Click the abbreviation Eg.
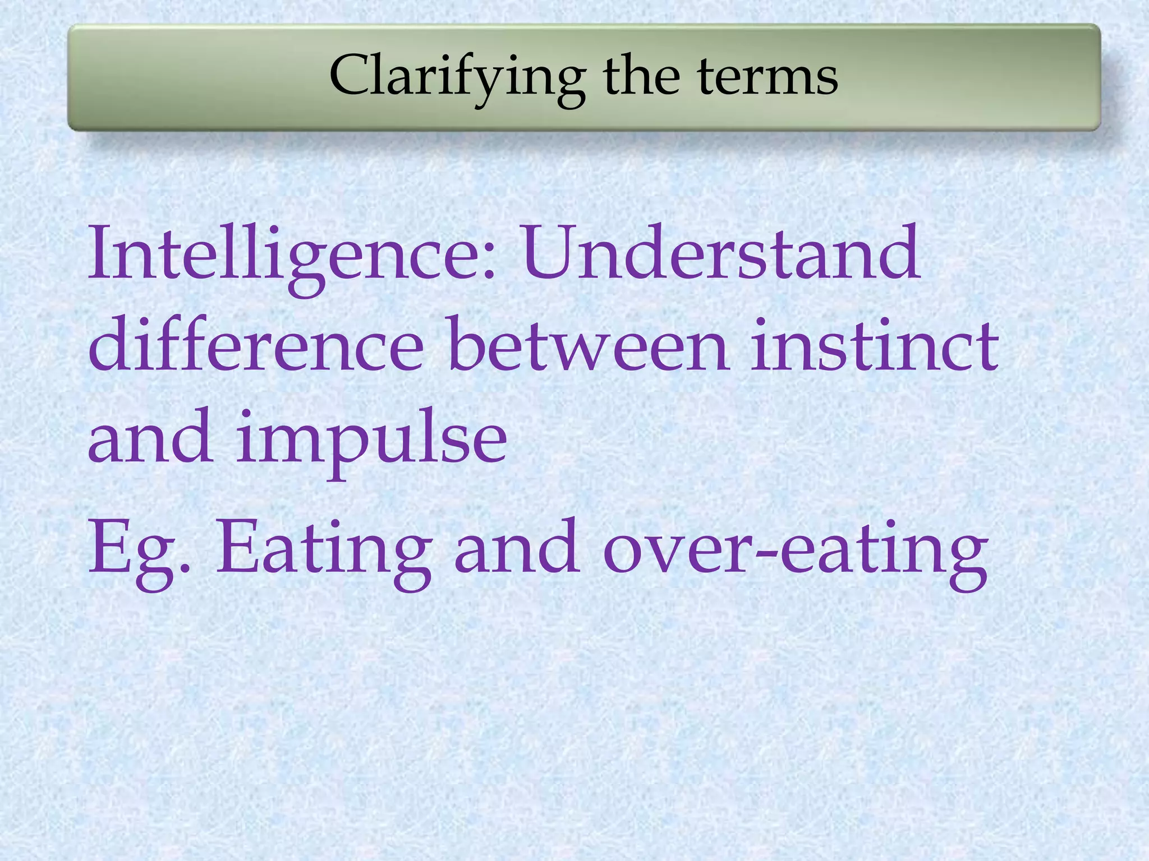tap(137, 549)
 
